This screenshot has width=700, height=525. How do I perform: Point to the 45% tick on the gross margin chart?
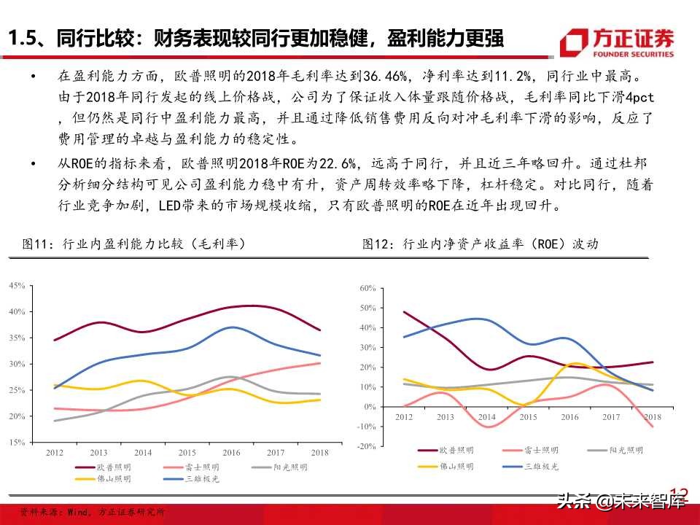click(x=17, y=286)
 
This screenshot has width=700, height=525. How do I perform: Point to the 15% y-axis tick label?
click(x=17, y=442)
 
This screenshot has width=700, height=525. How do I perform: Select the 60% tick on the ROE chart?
click(x=367, y=289)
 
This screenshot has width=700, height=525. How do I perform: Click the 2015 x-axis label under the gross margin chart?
click(x=188, y=453)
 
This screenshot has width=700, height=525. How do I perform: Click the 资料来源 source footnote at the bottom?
click(x=92, y=513)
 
